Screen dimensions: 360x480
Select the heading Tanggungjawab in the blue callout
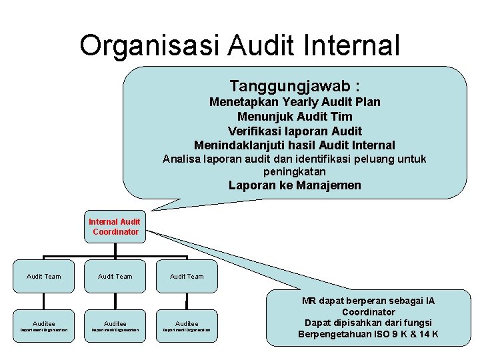click(291, 86)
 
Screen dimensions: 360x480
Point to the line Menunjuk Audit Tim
click(295, 117)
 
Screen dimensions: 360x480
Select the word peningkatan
click(295, 171)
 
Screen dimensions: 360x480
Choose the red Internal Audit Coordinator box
click(115, 227)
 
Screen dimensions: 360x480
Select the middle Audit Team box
click(115, 276)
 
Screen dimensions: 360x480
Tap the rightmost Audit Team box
click(187, 276)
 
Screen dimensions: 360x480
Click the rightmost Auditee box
click(187, 325)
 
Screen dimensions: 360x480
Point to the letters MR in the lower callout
click(309, 301)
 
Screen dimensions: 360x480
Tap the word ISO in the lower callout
click(383, 334)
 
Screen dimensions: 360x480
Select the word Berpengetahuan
click(335, 334)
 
